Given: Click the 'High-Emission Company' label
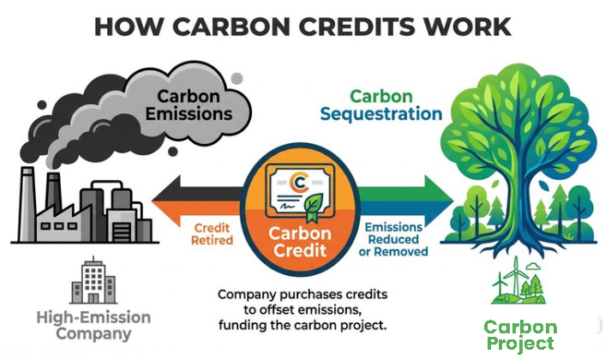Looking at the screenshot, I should pos(93,326).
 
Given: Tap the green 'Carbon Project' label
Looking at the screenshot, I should pos(520,335).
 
